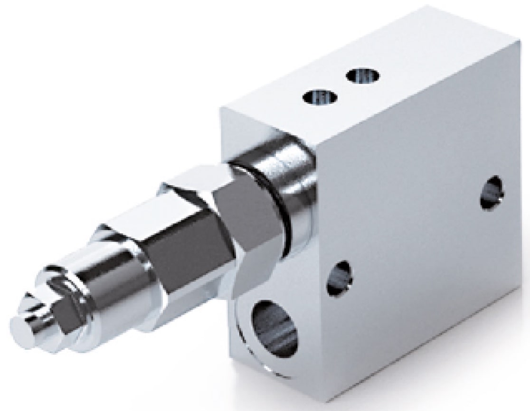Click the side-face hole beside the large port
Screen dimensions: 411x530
point(340,277)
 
